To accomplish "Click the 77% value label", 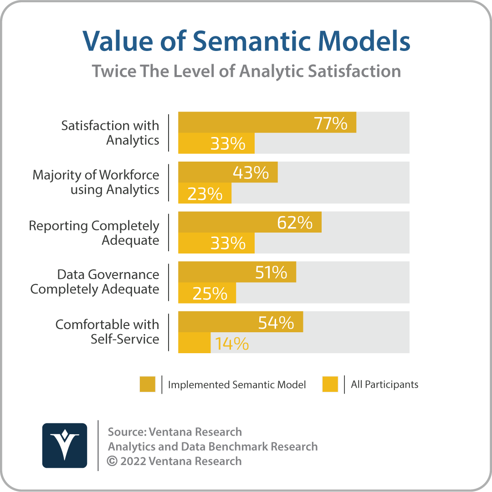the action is click(x=331, y=123).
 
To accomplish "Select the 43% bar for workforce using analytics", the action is click(x=228, y=172).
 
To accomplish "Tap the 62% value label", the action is click(x=295, y=223).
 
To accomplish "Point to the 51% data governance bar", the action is click(x=237, y=272).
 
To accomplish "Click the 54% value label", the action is click(x=276, y=323).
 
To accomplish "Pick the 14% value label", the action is click(x=232, y=344).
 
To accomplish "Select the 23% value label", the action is click(x=205, y=194).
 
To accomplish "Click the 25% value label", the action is click(x=210, y=294).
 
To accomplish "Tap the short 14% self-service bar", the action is click(x=195, y=343).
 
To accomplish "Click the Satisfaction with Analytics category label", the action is click(x=110, y=133).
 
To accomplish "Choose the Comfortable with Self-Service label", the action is click(x=108, y=332).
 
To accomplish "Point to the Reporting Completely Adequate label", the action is click(x=94, y=233).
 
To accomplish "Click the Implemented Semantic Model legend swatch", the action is click(x=148, y=385).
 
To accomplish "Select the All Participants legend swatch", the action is click(x=330, y=385).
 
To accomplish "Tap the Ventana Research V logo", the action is click(x=65, y=446).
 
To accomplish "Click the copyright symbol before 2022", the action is click(x=112, y=461).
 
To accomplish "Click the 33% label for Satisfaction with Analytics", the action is click(x=228, y=144).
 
